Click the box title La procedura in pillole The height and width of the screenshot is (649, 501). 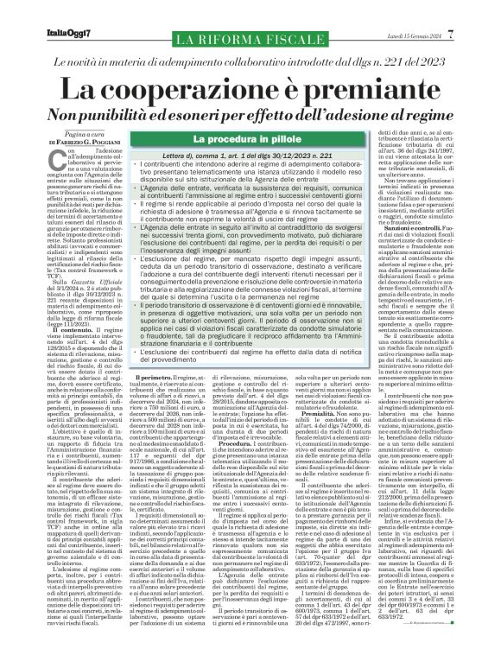point(234,139)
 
